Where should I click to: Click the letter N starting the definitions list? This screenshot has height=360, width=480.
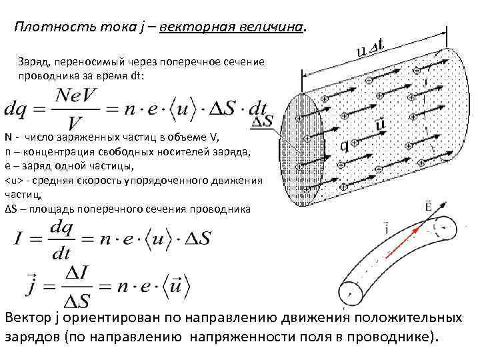(8, 139)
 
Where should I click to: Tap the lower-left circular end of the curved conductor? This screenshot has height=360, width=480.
(351, 292)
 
